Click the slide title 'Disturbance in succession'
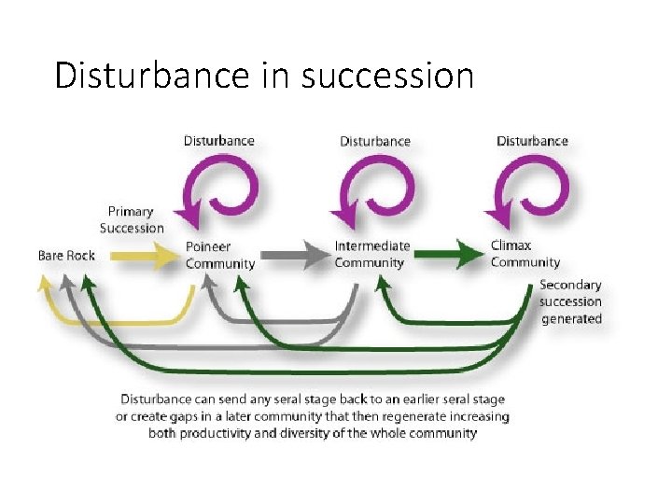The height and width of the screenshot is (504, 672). pos(264,74)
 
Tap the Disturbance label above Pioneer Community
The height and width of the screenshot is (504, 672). pos(218,140)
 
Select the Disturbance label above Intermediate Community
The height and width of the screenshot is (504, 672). pos(374,141)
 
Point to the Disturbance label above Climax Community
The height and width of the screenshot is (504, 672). pos(532,141)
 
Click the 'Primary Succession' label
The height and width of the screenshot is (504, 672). pos(132,220)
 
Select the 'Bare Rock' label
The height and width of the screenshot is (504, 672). pos(66,255)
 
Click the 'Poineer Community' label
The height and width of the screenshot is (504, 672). pos(220,255)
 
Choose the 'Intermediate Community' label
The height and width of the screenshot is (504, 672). pos(372,254)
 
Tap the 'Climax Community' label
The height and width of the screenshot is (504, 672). pos(525,254)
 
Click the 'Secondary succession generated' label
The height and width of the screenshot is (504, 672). pos(570,301)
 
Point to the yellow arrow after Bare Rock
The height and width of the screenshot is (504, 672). pos(146,254)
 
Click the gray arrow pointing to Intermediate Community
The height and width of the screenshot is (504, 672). pos(295,254)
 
